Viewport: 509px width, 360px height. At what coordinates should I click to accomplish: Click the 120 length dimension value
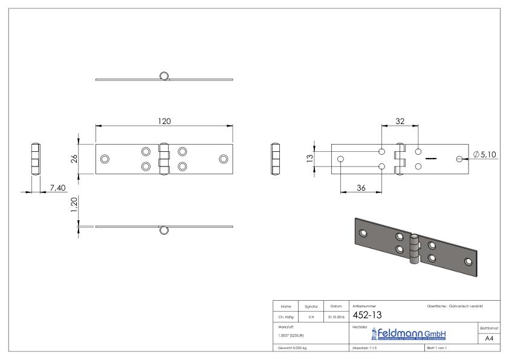[x=164, y=121]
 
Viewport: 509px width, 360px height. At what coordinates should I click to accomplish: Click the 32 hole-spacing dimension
[x=400, y=121]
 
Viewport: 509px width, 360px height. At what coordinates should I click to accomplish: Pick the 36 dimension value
[x=360, y=188]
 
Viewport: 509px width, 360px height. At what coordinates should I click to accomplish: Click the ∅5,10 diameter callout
[x=485, y=155]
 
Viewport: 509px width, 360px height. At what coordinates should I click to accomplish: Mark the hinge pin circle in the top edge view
[x=164, y=76]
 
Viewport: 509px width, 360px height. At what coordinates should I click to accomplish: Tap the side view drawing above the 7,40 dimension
[x=36, y=159]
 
